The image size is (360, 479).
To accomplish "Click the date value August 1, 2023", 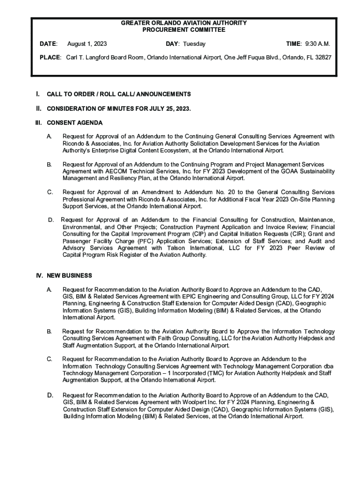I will click(x=87, y=44).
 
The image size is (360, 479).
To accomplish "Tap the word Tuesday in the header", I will click(x=194, y=44).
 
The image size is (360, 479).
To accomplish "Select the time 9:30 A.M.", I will click(x=317, y=44).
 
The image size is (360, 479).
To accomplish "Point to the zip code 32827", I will click(x=322, y=57).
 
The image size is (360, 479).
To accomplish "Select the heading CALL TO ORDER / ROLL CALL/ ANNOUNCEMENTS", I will click(x=119, y=94).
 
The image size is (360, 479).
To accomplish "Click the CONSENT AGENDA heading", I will click(x=75, y=123).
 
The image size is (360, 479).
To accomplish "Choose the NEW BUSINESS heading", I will click(x=69, y=276).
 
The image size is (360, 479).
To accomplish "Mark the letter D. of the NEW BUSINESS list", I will click(x=50, y=395).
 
